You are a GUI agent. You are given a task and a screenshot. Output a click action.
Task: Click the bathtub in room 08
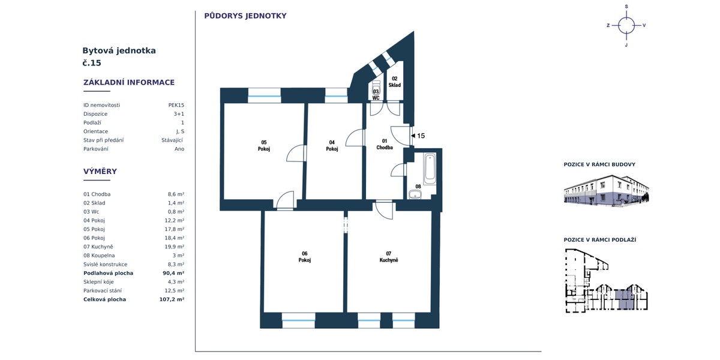[430, 169]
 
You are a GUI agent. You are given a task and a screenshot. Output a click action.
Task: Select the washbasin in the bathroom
[415, 194]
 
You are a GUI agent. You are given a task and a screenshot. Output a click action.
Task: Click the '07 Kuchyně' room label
[389, 257]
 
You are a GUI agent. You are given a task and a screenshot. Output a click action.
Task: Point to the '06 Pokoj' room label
[304, 257]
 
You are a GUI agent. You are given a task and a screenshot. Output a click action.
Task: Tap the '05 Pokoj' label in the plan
[263, 146]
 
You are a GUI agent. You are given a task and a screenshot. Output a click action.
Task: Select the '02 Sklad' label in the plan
[394, 82]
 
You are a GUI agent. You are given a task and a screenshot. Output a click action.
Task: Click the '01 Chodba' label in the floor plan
[385, 145]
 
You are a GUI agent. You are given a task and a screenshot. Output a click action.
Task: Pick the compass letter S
[626, 7]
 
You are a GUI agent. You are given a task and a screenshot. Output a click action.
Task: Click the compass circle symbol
[626, 25]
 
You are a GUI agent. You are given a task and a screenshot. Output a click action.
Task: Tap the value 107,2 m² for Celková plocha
[172, 299]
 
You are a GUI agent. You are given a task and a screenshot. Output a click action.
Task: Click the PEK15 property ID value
[176, 105]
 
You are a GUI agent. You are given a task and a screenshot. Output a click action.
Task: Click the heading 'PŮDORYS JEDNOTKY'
[245, 16]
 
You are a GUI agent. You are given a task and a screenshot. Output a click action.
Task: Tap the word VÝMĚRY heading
[100, 172]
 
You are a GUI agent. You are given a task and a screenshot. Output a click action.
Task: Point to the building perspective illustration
[606, 190]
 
